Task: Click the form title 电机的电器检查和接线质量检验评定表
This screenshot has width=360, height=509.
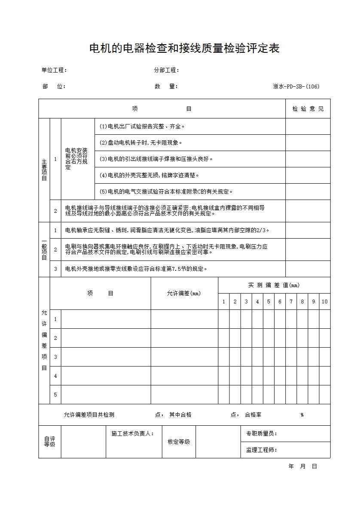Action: [x=184, y=48]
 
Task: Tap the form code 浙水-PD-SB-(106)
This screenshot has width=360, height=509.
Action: [x=296, y=86]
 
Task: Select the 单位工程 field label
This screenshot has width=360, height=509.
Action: [x=54, y=70]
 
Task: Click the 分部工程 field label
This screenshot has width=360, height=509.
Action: [x=166, y=70]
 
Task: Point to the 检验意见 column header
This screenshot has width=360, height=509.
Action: [x=308, y=109]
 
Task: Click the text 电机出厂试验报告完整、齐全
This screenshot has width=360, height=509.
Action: [x=142, y=127]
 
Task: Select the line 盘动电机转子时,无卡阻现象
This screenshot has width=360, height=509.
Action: [x=141, y=142]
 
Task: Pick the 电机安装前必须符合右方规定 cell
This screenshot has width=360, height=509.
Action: [x=76, y=159]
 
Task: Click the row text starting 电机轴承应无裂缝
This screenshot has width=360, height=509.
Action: [x=168, y=230]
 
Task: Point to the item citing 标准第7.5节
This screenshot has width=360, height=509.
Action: [x=136, y=269]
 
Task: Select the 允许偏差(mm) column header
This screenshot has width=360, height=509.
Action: [x=184, y=294]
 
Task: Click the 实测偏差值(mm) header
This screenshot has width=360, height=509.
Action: [x=274, y=285]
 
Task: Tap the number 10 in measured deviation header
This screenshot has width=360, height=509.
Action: [x=324, y=302]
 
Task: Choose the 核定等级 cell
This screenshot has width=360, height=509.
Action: [x=179, y=442]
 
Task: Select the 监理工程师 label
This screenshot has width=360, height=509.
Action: [x=261, y=450]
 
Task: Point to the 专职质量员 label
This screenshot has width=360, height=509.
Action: [x=261, y=433]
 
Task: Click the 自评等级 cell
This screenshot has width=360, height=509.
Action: [x=50, y=442]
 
